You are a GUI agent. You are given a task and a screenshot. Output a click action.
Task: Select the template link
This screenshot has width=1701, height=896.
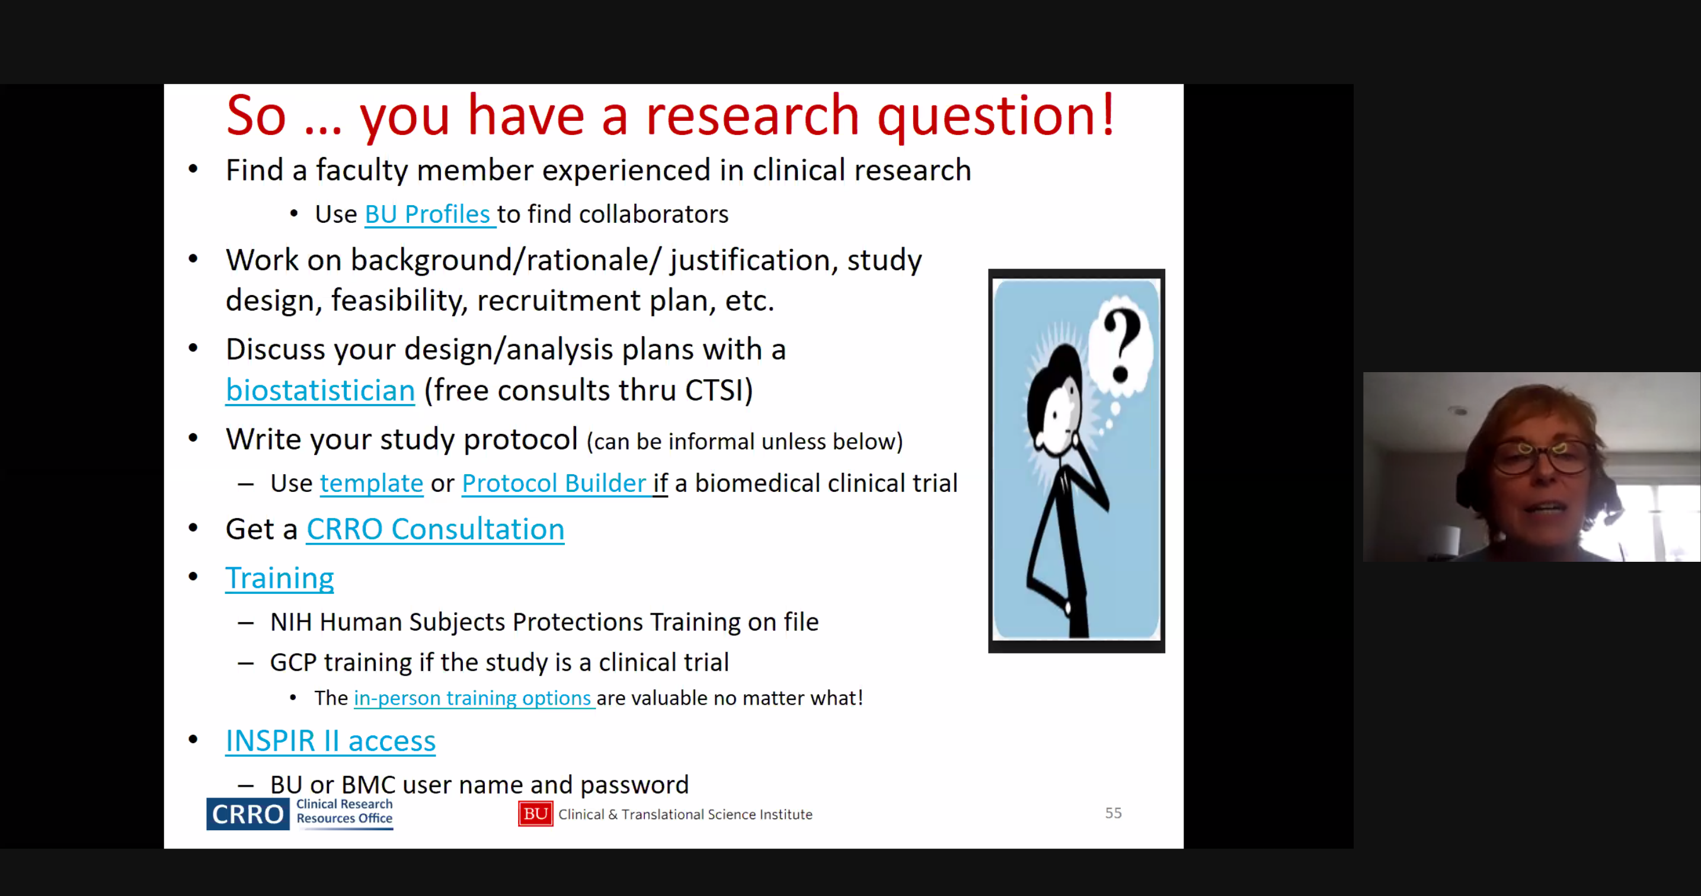(x=371, y=484)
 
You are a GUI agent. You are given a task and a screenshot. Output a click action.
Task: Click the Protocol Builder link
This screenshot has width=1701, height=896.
(x=554, y=484)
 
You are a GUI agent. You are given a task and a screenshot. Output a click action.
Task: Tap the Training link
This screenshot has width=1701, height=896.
(x=279, y=578)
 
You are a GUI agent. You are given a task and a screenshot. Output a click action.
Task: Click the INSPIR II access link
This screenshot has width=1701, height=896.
(x=330, y=741)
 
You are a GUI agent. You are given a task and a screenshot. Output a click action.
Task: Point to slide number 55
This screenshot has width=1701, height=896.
(x=1113, y=813)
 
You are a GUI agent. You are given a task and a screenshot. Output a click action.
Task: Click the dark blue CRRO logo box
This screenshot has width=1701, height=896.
(x=248, y=814)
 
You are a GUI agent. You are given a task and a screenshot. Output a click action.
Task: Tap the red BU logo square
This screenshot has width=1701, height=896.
(x=536, y=814)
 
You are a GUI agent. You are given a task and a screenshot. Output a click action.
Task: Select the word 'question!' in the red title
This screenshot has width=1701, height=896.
(x=996, y=116)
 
